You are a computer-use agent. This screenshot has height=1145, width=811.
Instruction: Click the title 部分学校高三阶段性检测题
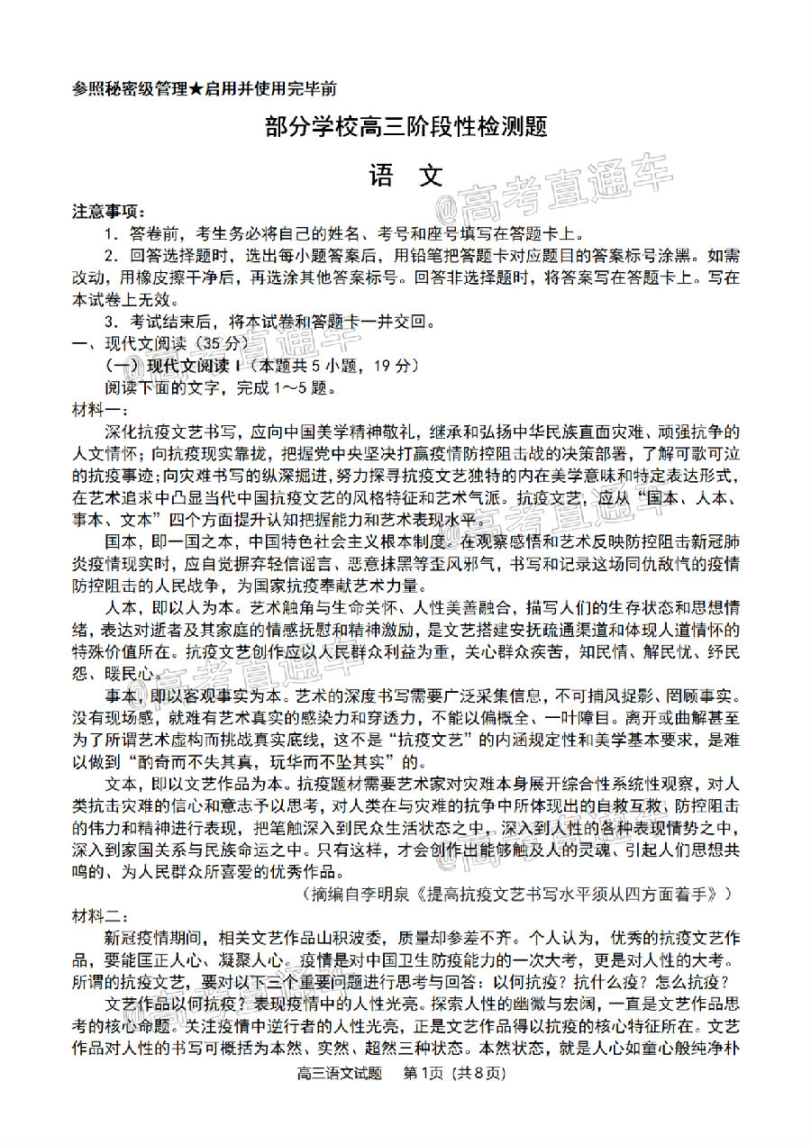coord(406,127)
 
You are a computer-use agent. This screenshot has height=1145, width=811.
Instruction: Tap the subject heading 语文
coord(405,176)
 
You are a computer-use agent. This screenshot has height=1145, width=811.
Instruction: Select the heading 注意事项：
coord(108,213)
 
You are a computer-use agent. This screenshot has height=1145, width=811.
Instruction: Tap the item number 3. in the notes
coord(111,321)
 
